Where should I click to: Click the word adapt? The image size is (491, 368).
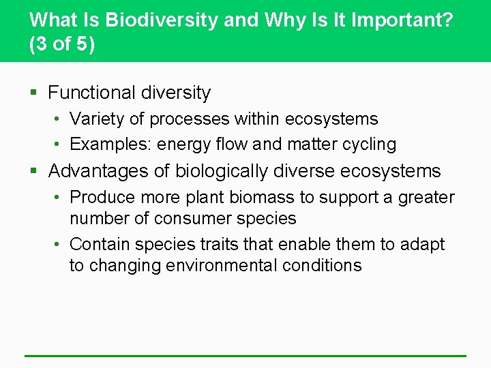423,244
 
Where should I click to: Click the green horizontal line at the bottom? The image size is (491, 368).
245,355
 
